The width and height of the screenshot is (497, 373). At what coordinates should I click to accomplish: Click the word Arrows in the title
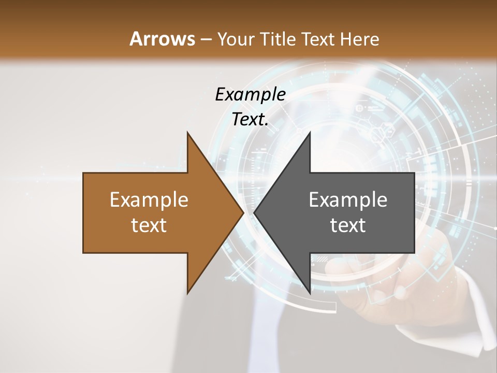(x=162, y=39)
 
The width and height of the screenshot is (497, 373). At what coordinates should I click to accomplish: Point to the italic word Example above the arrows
(x=250, y=94)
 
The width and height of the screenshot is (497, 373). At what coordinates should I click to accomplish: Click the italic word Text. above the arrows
(x=250, y=119)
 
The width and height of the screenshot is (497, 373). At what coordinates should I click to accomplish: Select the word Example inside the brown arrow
(x=149, y=199)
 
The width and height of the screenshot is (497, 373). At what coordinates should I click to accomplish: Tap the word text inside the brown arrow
(x=149, y=225)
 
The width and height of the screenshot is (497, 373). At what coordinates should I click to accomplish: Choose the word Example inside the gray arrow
(x=348, y=199)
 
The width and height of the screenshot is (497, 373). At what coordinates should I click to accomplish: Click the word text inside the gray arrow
(x=348, y=225)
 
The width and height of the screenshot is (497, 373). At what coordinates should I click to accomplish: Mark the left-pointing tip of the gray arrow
(x=255, y=213)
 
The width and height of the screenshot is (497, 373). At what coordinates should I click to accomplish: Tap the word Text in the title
(x=318, y=39)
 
